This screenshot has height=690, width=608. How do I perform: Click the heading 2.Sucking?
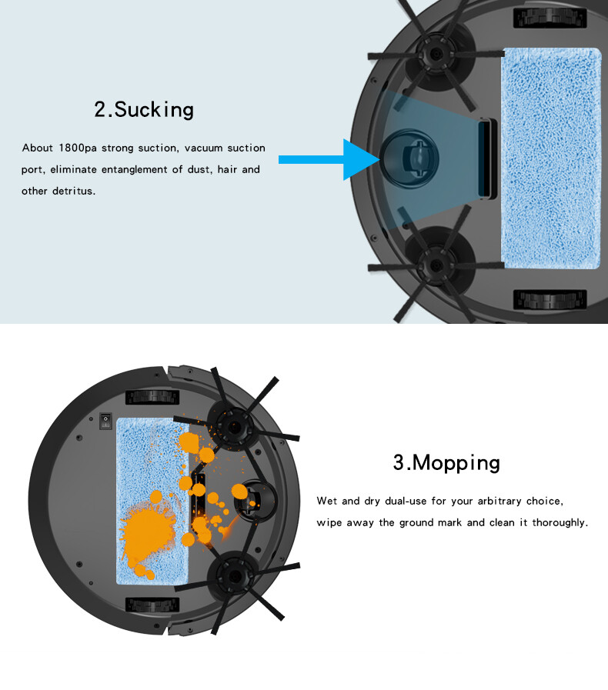pos(144,109)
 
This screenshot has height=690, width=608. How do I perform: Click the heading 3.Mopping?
pos(446,462)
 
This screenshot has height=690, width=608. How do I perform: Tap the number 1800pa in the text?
pos(78,148)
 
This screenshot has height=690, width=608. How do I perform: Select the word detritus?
pos(74,191)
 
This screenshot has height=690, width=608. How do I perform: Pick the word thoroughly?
pos(560,523)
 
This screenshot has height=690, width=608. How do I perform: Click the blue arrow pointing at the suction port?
pos(329,159)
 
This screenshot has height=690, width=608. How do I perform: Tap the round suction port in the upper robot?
pos(409,158)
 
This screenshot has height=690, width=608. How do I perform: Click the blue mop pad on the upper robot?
pos(551,158)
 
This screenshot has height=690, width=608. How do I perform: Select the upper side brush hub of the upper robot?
pos(436,54)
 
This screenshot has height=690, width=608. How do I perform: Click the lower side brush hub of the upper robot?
pos(436,265)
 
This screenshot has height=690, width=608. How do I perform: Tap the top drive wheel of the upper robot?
pos(550,18)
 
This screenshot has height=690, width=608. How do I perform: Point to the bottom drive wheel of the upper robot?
pos(550,300)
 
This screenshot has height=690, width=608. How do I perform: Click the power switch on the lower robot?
pos(105,421)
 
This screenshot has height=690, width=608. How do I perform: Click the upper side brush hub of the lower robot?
pos(234,425)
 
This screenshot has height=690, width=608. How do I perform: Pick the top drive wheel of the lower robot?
pos(152,397)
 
